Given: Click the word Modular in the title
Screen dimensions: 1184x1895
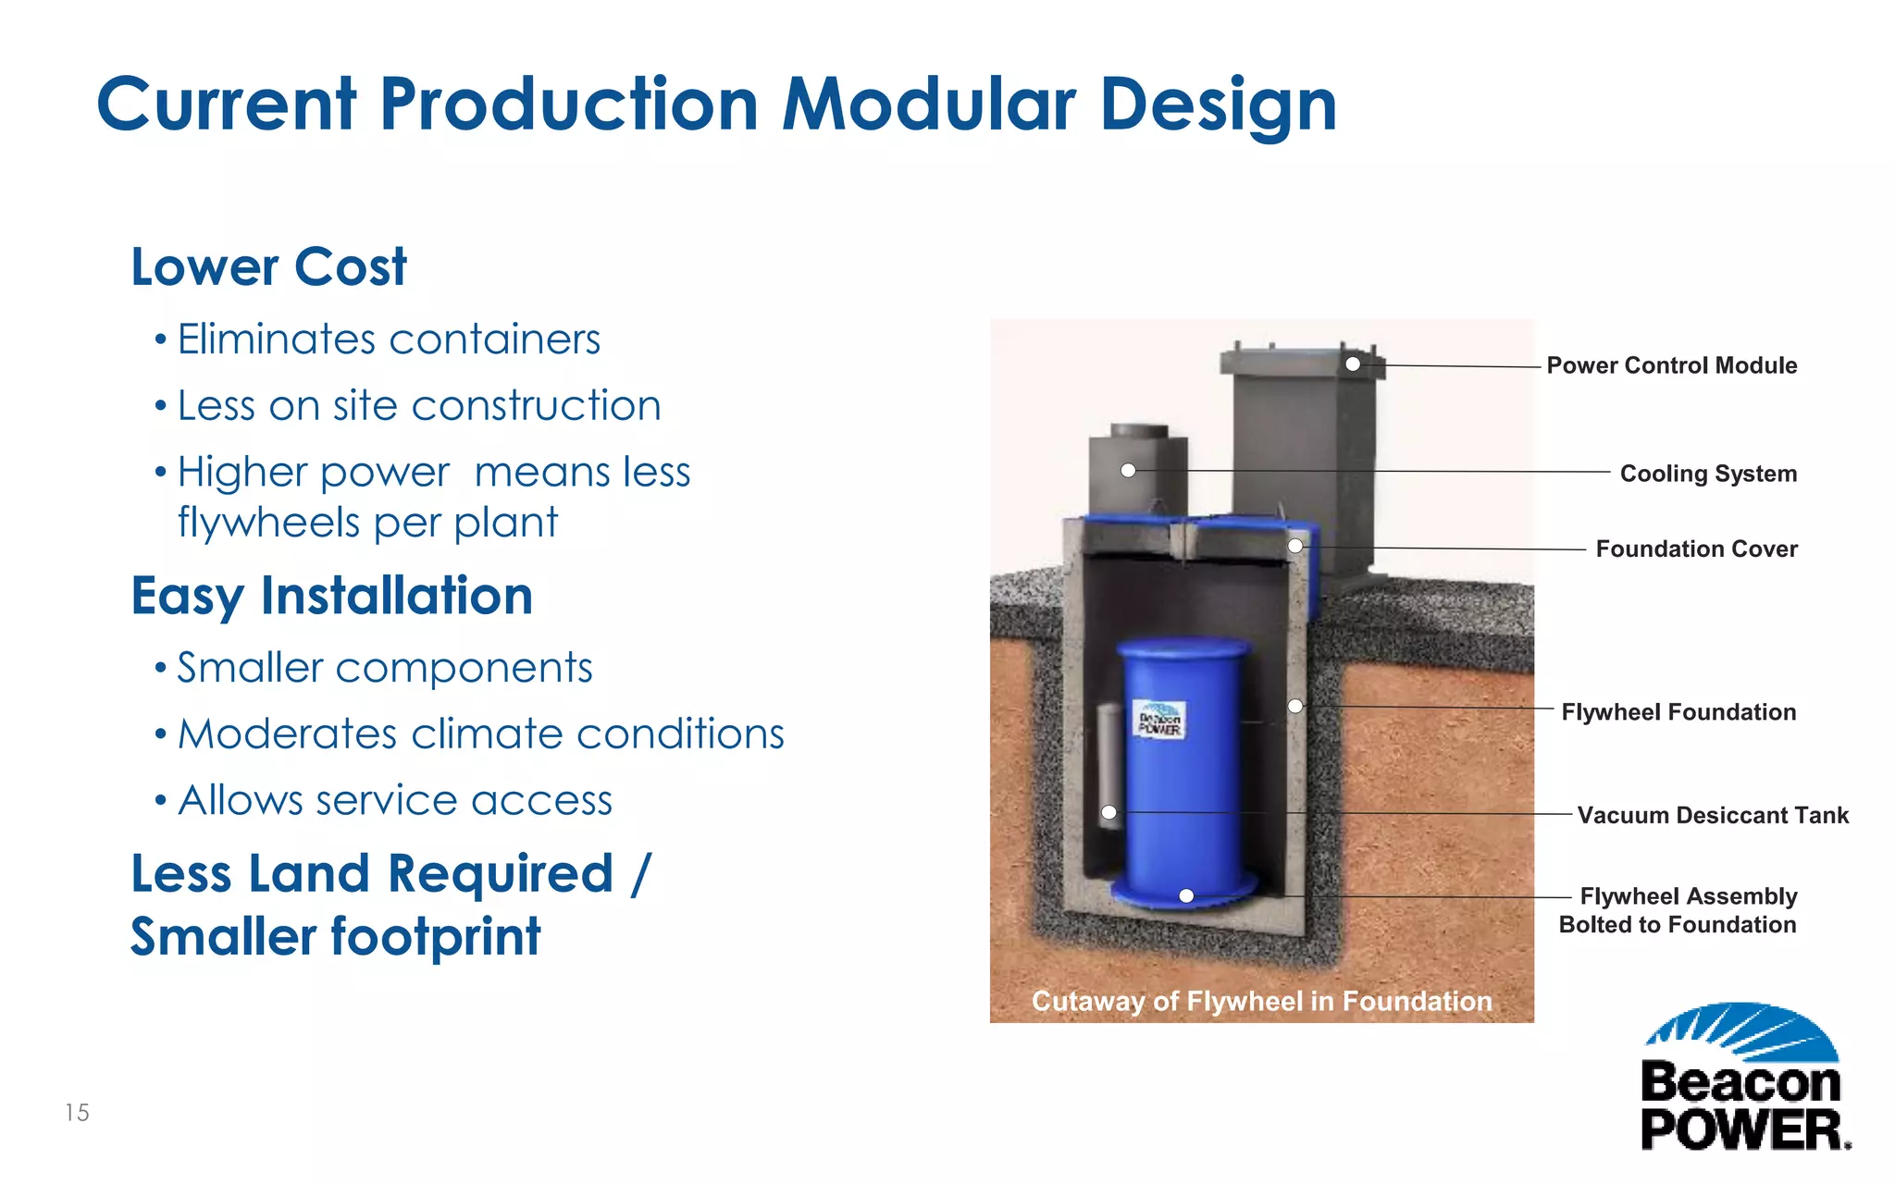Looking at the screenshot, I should point(928,104).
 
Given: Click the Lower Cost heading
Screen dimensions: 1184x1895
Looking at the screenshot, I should point(268,267).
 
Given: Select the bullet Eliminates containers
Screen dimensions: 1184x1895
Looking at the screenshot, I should point(388,339).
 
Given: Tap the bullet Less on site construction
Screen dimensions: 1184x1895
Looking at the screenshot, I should point(418,406).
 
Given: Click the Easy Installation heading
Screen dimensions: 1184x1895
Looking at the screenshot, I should point(331,596).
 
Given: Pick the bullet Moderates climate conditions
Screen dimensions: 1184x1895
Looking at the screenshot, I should point(480,734).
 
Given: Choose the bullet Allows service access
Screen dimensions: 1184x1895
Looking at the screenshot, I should point(394,801).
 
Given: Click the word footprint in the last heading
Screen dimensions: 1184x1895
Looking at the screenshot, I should point(436,936).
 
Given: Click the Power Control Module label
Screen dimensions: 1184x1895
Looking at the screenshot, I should point(1671,365).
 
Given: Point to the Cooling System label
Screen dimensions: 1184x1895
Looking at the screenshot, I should point(1707,474).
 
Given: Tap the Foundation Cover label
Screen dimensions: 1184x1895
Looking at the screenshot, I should point(1696,549).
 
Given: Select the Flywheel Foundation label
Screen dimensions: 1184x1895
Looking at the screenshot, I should point(1678,712).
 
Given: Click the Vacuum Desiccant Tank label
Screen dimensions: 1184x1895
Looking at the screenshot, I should point(1712,816).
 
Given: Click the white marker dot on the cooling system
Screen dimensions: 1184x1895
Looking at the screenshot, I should point(1128,471).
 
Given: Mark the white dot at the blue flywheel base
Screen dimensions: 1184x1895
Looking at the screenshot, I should point(1186,895).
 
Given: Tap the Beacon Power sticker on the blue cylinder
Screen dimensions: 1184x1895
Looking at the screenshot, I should point(1158,720).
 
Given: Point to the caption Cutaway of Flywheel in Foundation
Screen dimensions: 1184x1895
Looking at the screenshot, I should point(1261,1001).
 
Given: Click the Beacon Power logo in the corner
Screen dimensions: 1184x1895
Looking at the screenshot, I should point(1743,1078).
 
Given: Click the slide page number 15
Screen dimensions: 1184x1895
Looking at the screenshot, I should point(77,1113).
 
